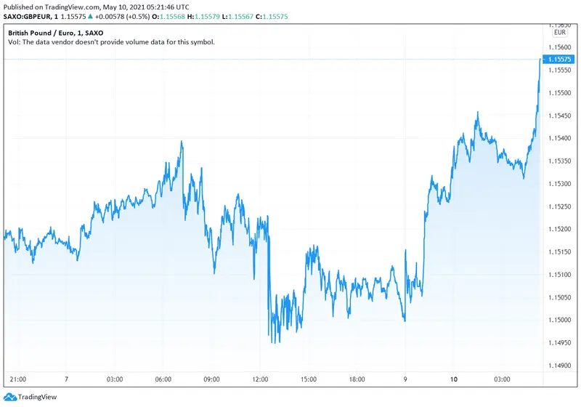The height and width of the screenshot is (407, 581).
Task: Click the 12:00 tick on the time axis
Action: pos(260,380)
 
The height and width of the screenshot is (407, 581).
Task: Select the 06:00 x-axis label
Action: pos(163,380)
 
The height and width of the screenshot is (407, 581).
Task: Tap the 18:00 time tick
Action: pos(357,380)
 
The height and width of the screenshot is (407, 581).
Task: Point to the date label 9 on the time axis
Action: pos(405,380)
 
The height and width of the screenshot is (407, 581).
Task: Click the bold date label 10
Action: pos(454,380)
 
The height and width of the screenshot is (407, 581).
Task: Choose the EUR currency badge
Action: pos(559,32)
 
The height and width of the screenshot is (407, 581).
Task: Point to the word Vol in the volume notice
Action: pos(13,42)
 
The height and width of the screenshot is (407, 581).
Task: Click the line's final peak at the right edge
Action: pos(540,58)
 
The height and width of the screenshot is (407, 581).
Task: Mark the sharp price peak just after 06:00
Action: pos(181,142)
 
